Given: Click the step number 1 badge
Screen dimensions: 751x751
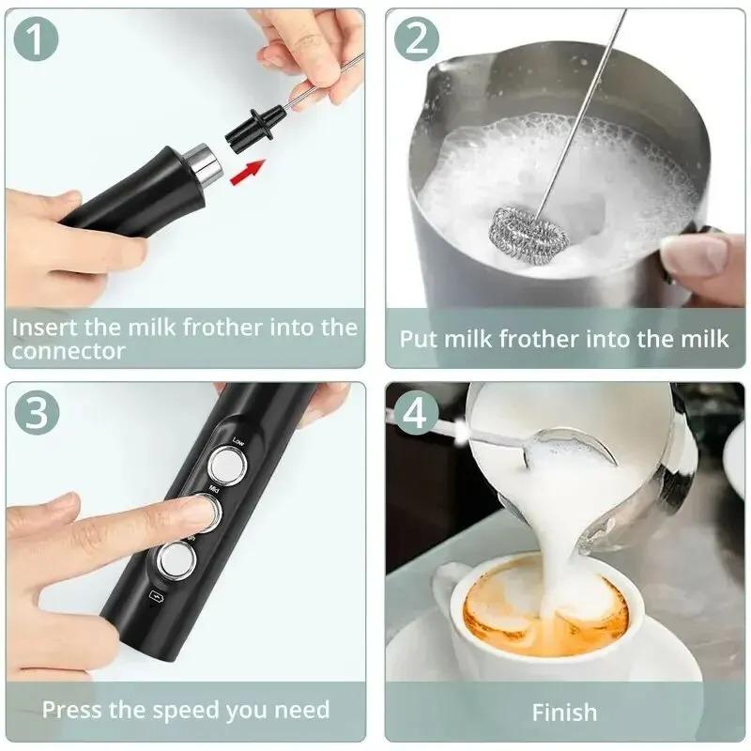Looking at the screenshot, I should click(38, 38).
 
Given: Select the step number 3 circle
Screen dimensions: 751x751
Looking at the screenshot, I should click(38, 413).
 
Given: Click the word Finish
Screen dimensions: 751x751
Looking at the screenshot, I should click(564, 713).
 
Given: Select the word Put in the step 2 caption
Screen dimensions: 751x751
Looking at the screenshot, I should click(418, 339).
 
